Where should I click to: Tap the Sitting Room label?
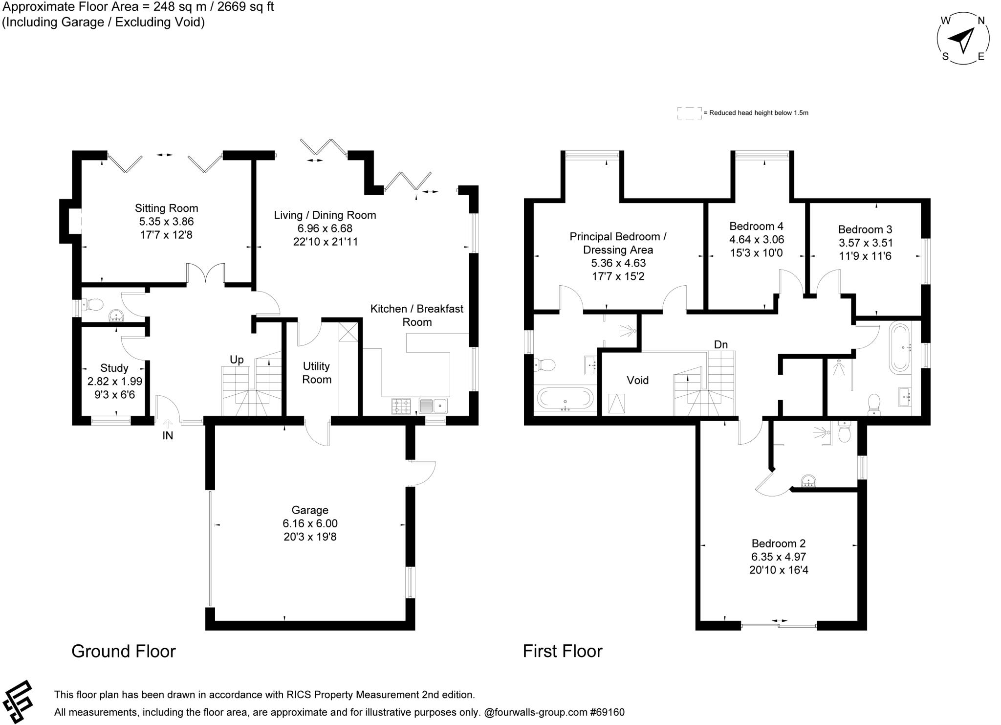pyautogui.click(x=167, y=208)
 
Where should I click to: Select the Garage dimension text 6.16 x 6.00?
pyautogui.click(x=310, y=523)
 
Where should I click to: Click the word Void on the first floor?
pyautogui.click(x=638, y=380)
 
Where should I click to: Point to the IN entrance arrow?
pyautogui.click(x=168, y=424)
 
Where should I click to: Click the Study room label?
pyautogui.click(x=114, y=368)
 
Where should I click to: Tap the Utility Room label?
pyautogui.click(x=317, y=373)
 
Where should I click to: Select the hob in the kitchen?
pyautogui.click(x=401, y=406)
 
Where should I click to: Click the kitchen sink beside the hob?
pyautogui.click(x=433, y=406)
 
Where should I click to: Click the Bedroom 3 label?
pyautogui.click(x=865, y=229)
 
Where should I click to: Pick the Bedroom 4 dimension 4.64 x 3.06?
pyautogui.click(x=756, y=240)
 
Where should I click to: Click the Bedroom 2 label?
pyautogui.click(x=779, y=544)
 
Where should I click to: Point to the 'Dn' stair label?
pyautogui.click(x=721, y=344)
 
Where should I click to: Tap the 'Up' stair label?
pyautogui.click(x=237, y=360)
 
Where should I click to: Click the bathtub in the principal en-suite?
pyautogui.click(x=566, y=398)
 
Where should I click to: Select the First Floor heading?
pyautogui.click(x=563, y=651)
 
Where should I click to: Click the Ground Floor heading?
pyautogui.click(x=124, y=651)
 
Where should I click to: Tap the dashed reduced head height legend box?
pyautogui.click(x=689, y=113)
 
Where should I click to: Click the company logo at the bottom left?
pyautogui.click(x=17, y=702)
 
